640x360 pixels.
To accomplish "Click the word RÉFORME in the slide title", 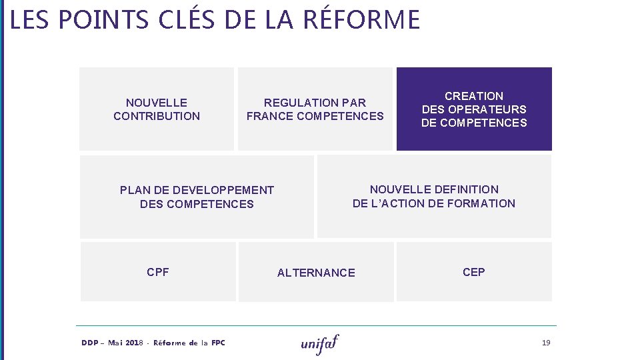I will coord(361,20).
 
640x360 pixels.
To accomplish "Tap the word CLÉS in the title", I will coord(189,20).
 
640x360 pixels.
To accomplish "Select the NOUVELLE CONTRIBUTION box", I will coord(157,109).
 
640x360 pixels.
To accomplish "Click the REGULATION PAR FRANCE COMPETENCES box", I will coord(315,109).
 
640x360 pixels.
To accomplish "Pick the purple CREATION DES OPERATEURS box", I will coord(474,109).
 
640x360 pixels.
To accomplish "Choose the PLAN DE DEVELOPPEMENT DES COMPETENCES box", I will coord(197,197).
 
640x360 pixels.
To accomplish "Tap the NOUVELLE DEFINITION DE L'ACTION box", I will coord(434,196).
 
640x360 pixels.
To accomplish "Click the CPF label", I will coord(158,272).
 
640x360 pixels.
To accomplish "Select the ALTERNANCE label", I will coord(316,273).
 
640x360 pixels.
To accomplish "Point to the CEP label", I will coord(474,272).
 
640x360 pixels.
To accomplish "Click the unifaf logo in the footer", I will coord(320,343).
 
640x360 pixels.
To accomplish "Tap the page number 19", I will coord(546,343).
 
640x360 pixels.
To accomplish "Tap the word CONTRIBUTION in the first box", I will coord(157,116).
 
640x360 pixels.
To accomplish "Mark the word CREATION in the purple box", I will coord(474,96).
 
